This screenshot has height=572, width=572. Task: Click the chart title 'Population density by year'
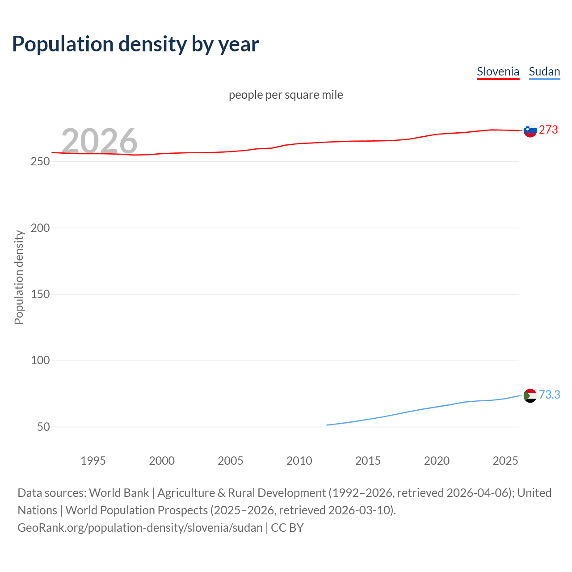[x=135, y=44]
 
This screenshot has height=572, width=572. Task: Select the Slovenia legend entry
[x=498, y=71]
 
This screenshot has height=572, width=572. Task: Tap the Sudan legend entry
[x=544, y=71]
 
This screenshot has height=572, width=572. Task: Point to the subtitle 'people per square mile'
[x=286, y=95]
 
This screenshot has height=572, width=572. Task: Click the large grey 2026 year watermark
[x=99, y=141]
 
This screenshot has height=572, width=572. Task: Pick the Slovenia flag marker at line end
[x=530, y=130]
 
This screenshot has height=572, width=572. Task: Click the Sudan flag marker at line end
[x=530, y=395]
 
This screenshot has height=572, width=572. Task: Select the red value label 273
[x=548, y=130]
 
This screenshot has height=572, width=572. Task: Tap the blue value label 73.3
[x=549, y=395]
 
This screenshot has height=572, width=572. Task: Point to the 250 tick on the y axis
[x=40, y=162]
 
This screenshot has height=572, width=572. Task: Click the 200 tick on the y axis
[x=40, y=228]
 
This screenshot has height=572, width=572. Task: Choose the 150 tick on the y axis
[x=40, y=294]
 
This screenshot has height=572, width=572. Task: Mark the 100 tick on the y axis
[x=40, y=360]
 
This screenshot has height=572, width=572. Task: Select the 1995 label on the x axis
[x=93, y=461]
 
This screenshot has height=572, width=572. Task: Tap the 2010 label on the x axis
[x=299, y=461]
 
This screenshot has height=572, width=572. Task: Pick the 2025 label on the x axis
[x=505, y=461]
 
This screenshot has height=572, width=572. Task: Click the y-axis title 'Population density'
[x=19, y=277]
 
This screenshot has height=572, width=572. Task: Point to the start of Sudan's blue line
[x=328, y=425]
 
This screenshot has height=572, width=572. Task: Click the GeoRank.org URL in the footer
[x=140, y=528]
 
